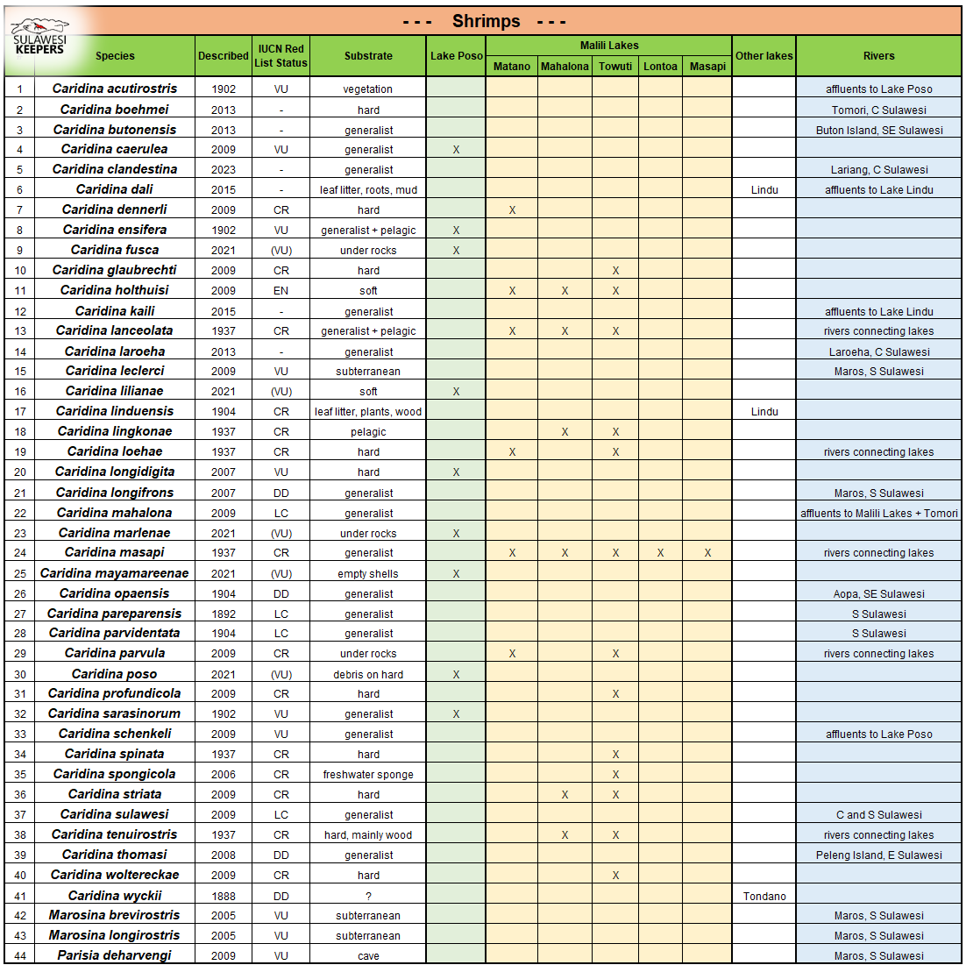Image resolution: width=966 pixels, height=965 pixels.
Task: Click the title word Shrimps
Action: pyautogui.click(x=486, y=21)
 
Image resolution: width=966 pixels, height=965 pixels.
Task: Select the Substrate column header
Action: pyautogui.click(x=368, y=56)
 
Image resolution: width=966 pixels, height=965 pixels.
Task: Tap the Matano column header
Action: pyautogui.click(x=512, y=67)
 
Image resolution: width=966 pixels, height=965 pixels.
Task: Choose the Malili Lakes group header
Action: pyautogui.click(x=609, y=46)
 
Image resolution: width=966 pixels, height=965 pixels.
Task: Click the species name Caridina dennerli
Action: pyautogui.click(x=115, y=209)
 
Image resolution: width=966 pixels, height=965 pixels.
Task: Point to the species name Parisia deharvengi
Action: pyautogui.click(x=115, y=955)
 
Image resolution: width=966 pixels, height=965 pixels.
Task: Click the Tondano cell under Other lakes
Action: pyautogui.click(x=764, y=896)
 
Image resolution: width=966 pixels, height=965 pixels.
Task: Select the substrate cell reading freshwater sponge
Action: pyautogui.click(x=368, y=775)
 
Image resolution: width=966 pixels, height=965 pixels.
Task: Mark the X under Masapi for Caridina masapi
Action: pyautogui.click(x=707, y=553)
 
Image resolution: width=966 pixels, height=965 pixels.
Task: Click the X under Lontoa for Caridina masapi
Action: pyautogui.click(x=660, y=553)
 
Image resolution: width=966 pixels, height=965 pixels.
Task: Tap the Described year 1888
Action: pyautogui.click(x=224, y=896)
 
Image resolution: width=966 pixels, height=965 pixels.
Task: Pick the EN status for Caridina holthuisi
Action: pyautogui.click(x=281, y=290)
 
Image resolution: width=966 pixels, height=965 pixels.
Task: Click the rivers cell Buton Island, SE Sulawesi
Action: pyautogui.click(x=879, y=130)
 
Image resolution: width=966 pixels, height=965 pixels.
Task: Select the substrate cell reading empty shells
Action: pyautogui.click(x=368, y=574)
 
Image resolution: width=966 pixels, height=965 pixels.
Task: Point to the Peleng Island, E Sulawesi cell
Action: pyautogui.click(x=879, y=855)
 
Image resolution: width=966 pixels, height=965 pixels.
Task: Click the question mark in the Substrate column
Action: pyautogui.click(x=368, y=896)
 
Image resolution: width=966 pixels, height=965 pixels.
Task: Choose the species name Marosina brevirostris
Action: pyautogui.click(x=115, y=915)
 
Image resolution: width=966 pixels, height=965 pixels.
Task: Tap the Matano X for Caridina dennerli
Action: pyautogui.click(x=512, y=210)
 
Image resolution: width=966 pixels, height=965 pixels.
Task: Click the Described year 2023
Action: pyautogui.click(x=224, y=170)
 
